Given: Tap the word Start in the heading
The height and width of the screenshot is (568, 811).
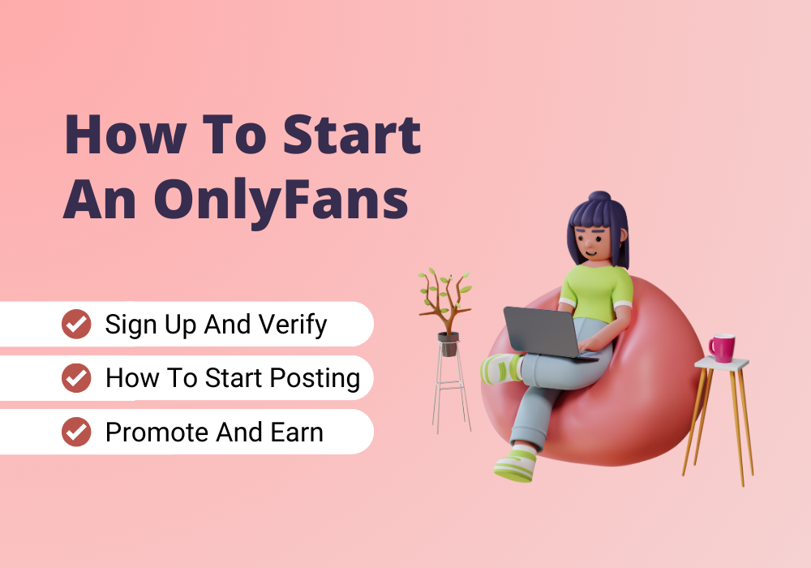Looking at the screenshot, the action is point(352,135).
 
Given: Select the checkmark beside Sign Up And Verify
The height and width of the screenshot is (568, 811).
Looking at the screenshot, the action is point(76,324).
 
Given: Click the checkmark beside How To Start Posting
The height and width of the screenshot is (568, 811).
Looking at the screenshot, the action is point(76,377).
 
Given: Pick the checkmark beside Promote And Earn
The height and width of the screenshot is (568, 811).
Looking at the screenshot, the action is point(76,432).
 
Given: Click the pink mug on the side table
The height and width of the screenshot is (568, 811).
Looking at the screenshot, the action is point(722,348).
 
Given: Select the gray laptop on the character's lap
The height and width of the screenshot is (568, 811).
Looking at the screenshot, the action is point(547,333).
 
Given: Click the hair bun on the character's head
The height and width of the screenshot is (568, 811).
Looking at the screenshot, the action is point(600,197).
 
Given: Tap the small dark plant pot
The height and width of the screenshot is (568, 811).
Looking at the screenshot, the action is point(448,344).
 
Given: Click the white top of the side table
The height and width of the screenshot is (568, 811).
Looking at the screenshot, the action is point(722,363).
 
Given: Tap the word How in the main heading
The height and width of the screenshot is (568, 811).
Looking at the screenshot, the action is point(125,135).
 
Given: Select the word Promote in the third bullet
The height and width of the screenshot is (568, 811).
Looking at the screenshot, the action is point(157,432).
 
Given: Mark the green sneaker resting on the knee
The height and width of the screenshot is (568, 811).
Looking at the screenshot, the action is point(500,369).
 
